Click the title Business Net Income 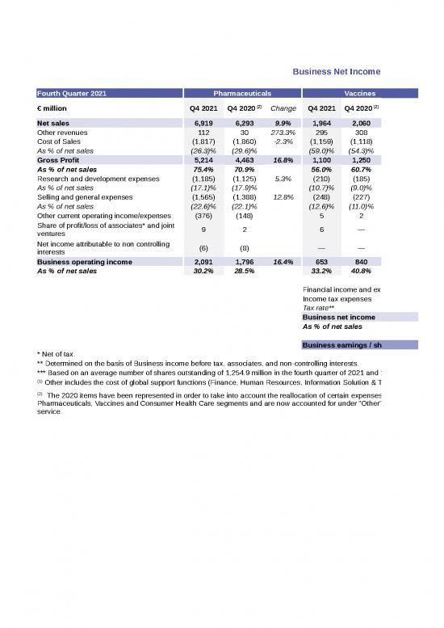click(x=336, y=72)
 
